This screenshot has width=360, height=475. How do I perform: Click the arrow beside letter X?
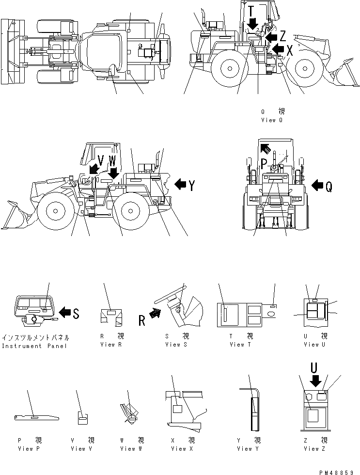[278, 48]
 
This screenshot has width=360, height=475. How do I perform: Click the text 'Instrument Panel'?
[35, 346]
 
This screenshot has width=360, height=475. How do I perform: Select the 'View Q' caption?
[271, 120]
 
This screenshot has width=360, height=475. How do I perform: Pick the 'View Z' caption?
[315, 448]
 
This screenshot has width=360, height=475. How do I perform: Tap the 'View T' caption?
[237, 345]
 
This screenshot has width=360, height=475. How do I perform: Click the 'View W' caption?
[131, 448]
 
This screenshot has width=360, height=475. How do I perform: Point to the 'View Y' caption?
[249, 448]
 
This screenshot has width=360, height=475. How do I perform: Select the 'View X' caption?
[182, 448]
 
